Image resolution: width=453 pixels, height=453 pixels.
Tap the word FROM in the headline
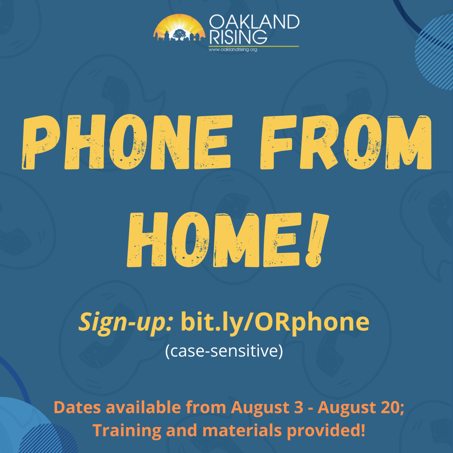click(x=346, y=142)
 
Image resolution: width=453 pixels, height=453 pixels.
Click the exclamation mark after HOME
click(x=317, y=240)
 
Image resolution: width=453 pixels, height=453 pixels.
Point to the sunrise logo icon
click(x=179, y=28)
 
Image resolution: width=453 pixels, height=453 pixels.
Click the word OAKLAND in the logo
click(x=254, y=22)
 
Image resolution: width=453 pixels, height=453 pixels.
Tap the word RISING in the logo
click(x=238, y=37)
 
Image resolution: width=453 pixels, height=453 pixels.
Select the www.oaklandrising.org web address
click(x=233, y=49)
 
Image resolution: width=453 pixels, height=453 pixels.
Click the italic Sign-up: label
click(x=126, y=323)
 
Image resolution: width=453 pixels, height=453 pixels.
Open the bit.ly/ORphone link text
click(x=275, y=322)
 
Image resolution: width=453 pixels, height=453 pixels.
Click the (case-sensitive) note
click(x=224, y=351)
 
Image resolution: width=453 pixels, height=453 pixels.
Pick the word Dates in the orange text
click(x=78, y=407)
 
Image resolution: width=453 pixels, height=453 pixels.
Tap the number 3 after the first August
click(x=299, y=407)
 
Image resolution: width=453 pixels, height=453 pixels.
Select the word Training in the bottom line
click(x=127, y=431)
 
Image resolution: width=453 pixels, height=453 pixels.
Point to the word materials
click(x=242, y=430)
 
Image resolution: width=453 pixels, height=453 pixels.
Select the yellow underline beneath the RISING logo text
click(x=254, y=46)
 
